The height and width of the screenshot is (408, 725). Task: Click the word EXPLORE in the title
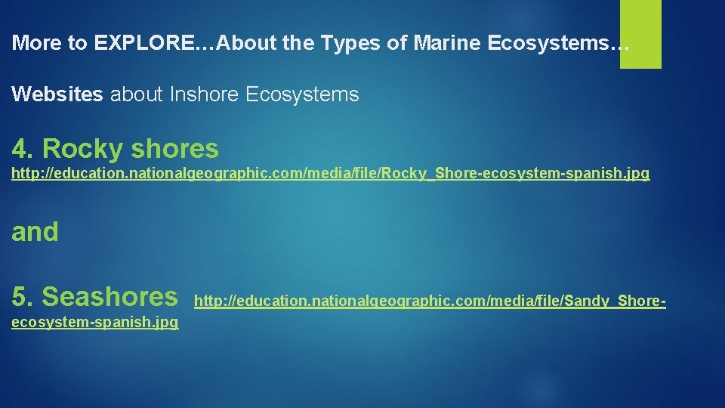(x=143, y=43)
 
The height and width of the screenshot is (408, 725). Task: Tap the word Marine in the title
(x=447, y=43)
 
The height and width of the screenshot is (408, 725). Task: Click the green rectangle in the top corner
(x=640, y=33)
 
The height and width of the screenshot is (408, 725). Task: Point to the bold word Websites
(x=58, y=94)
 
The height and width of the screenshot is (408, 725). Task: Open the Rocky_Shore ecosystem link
(x=330, y=174)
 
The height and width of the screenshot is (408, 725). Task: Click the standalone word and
(x=35, y=231)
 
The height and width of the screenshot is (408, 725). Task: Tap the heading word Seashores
(x=110, y=296)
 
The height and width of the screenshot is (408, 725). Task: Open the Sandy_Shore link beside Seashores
(x=430, y=301)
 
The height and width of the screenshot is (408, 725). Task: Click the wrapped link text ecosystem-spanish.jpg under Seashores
(x=95, y=323)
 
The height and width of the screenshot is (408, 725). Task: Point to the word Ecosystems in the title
(x=558, y=43)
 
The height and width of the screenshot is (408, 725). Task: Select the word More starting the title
(x=39, y=43)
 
